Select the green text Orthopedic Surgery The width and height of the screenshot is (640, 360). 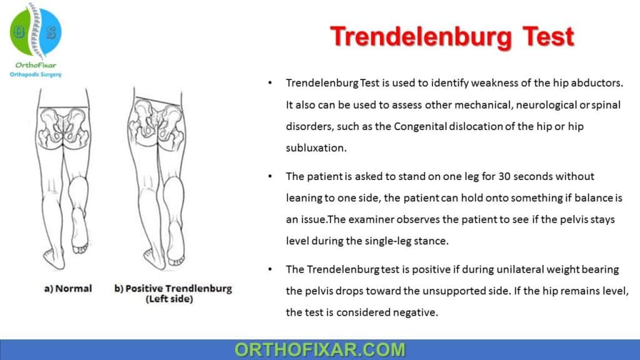point(36,74)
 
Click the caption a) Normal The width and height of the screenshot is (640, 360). point(68,289)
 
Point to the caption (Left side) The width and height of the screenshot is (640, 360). point(172,299)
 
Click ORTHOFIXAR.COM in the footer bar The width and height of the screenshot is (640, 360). point(319,349)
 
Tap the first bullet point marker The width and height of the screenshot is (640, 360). point(269,83)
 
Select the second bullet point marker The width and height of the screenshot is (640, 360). point(269,177)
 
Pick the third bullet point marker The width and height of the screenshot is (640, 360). point(269,270)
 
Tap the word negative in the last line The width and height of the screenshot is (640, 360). point(414,312)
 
